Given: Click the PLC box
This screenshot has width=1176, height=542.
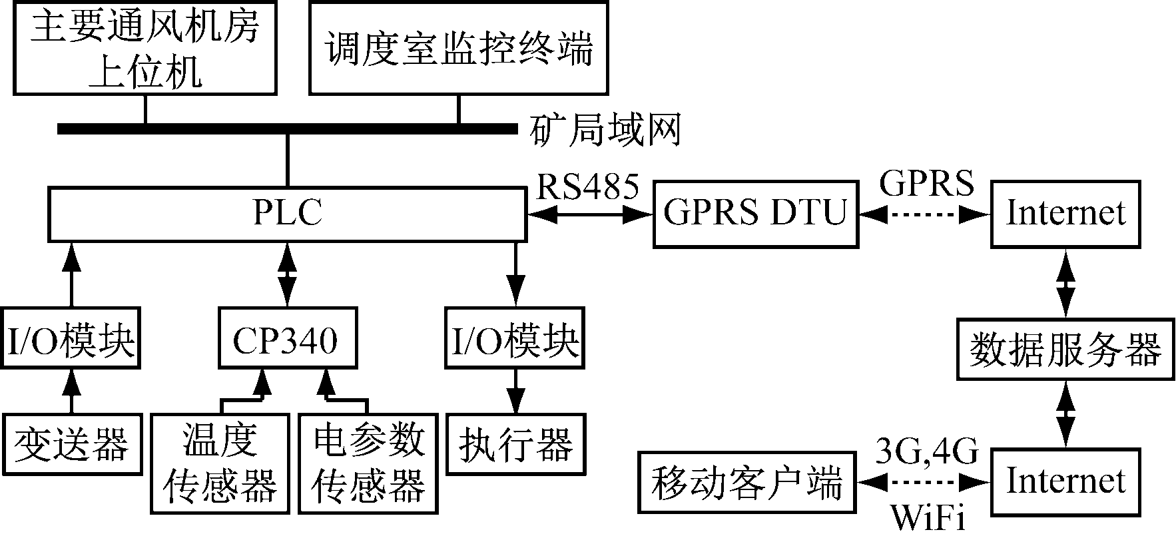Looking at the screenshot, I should click(287, 214).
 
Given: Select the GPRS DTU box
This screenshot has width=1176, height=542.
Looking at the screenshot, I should click(755, 214).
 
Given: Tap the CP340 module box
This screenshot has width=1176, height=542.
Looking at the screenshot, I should click(287, 338).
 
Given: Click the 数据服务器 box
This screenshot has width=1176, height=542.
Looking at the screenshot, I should click(1065, 348).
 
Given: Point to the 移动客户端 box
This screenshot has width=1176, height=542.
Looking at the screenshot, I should click(747, 483).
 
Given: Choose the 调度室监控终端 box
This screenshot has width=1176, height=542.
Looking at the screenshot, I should click(459, 47).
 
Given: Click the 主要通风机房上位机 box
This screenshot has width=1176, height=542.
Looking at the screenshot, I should click(145, 47).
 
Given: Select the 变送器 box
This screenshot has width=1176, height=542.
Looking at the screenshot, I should click(72, 444).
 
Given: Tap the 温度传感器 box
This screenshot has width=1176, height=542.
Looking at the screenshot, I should click(220, 463).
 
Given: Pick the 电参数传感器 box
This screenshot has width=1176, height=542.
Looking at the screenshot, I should click(368, 463).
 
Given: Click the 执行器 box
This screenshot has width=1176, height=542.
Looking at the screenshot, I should click(516, 444).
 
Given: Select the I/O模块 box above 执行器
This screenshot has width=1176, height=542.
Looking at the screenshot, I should click(515, 338).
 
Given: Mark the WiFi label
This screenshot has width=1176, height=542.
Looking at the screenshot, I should click(928, 519).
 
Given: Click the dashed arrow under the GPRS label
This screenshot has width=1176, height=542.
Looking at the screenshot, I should click(924, 214).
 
